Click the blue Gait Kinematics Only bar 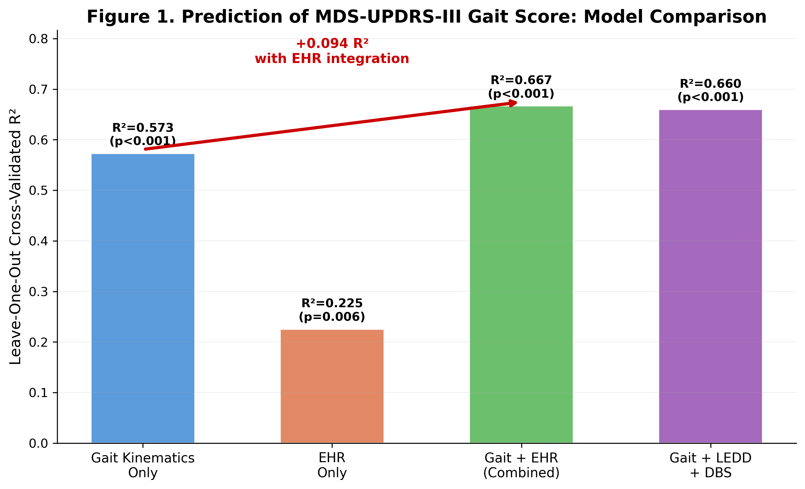143,298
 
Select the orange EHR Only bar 332,386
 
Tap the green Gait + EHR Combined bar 521,275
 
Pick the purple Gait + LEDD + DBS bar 710,276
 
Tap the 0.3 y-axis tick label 38,292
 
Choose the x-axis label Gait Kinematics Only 143,465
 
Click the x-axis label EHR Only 332,465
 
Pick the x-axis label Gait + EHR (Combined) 521,465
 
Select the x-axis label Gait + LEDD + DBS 710,465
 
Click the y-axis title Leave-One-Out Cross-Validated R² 15,236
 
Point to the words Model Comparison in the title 675,17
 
